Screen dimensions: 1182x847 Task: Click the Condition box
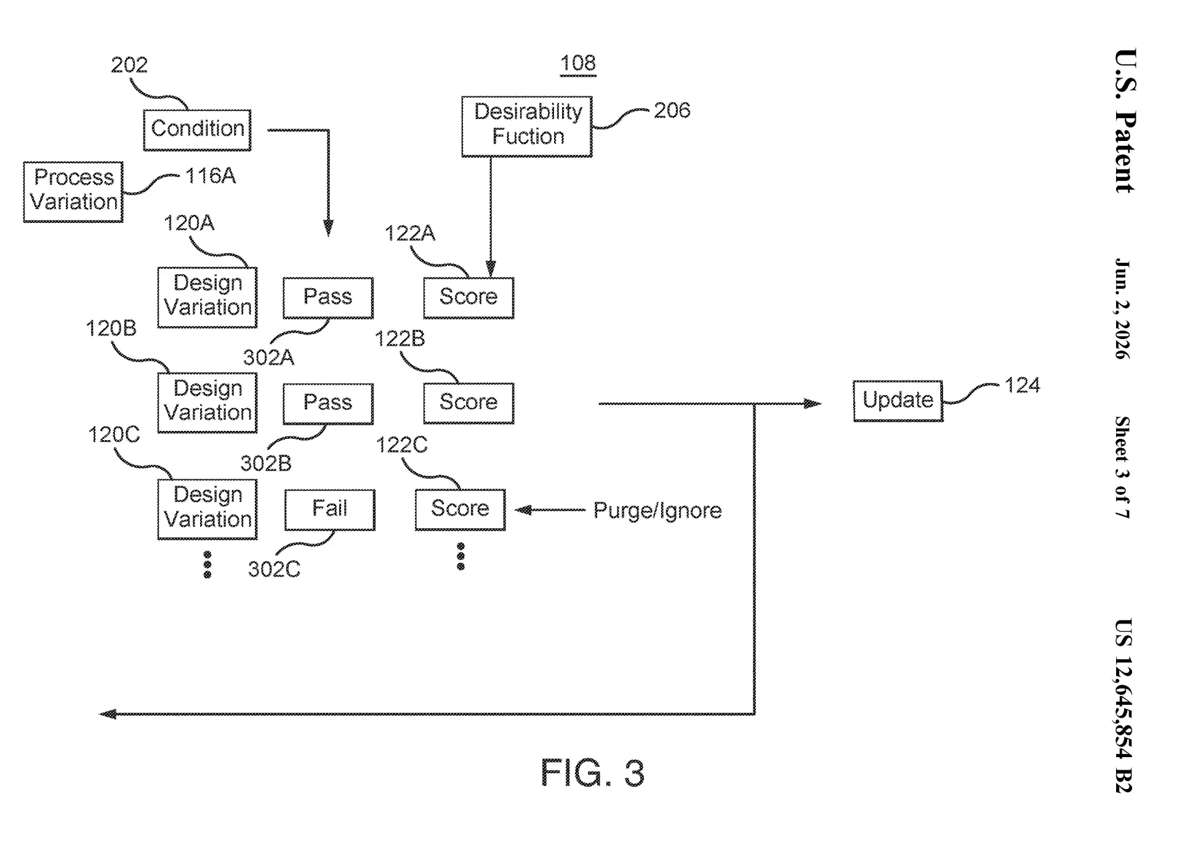tap(197, 130)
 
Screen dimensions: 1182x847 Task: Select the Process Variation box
tap(73, 191)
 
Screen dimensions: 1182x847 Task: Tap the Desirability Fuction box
tap(527, 126)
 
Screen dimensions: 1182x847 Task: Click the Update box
tap(898, 401)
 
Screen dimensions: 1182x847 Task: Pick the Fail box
tap(330, 510)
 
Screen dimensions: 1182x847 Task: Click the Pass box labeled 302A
tap(328, 298)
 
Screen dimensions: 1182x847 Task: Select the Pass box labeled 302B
tap(328, 404)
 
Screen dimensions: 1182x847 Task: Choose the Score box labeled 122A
tap(468, 298)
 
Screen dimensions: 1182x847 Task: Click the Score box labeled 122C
tap(460, 510)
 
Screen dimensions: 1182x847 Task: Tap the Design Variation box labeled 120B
tap(207, 403)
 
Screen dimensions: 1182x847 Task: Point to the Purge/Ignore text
tap(657, 510)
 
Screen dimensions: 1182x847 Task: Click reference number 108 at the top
tap(578, 63)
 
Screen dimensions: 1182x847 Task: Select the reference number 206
tap(672, 110)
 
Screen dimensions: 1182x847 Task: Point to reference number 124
tap(1023, 385)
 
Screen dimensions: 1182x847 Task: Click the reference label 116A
tap(211, 176)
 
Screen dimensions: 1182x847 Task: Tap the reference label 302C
tap(275, 569)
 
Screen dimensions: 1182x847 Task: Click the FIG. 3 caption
tap(592, 773)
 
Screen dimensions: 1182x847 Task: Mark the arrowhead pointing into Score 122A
tap(491, 269)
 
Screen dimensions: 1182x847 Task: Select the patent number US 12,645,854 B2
tap(1124, 705)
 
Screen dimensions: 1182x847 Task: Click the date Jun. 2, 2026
tap(1124, 308)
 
